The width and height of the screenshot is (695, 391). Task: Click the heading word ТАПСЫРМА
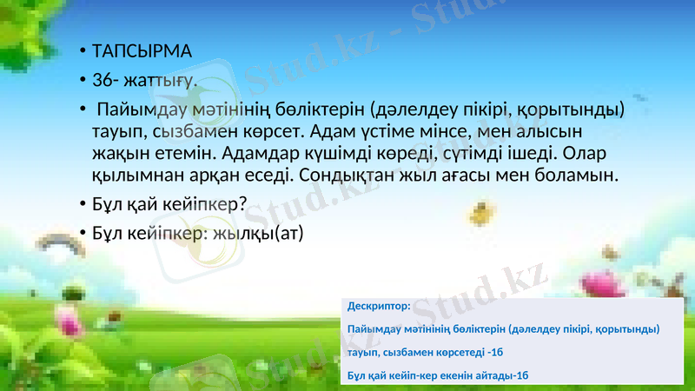(142, 50)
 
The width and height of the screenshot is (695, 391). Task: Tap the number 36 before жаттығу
(103, 80)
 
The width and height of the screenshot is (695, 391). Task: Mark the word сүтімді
(482, 155)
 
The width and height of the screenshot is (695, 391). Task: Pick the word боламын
(580, 176)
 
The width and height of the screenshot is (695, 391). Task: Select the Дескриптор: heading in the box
(379, 307)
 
